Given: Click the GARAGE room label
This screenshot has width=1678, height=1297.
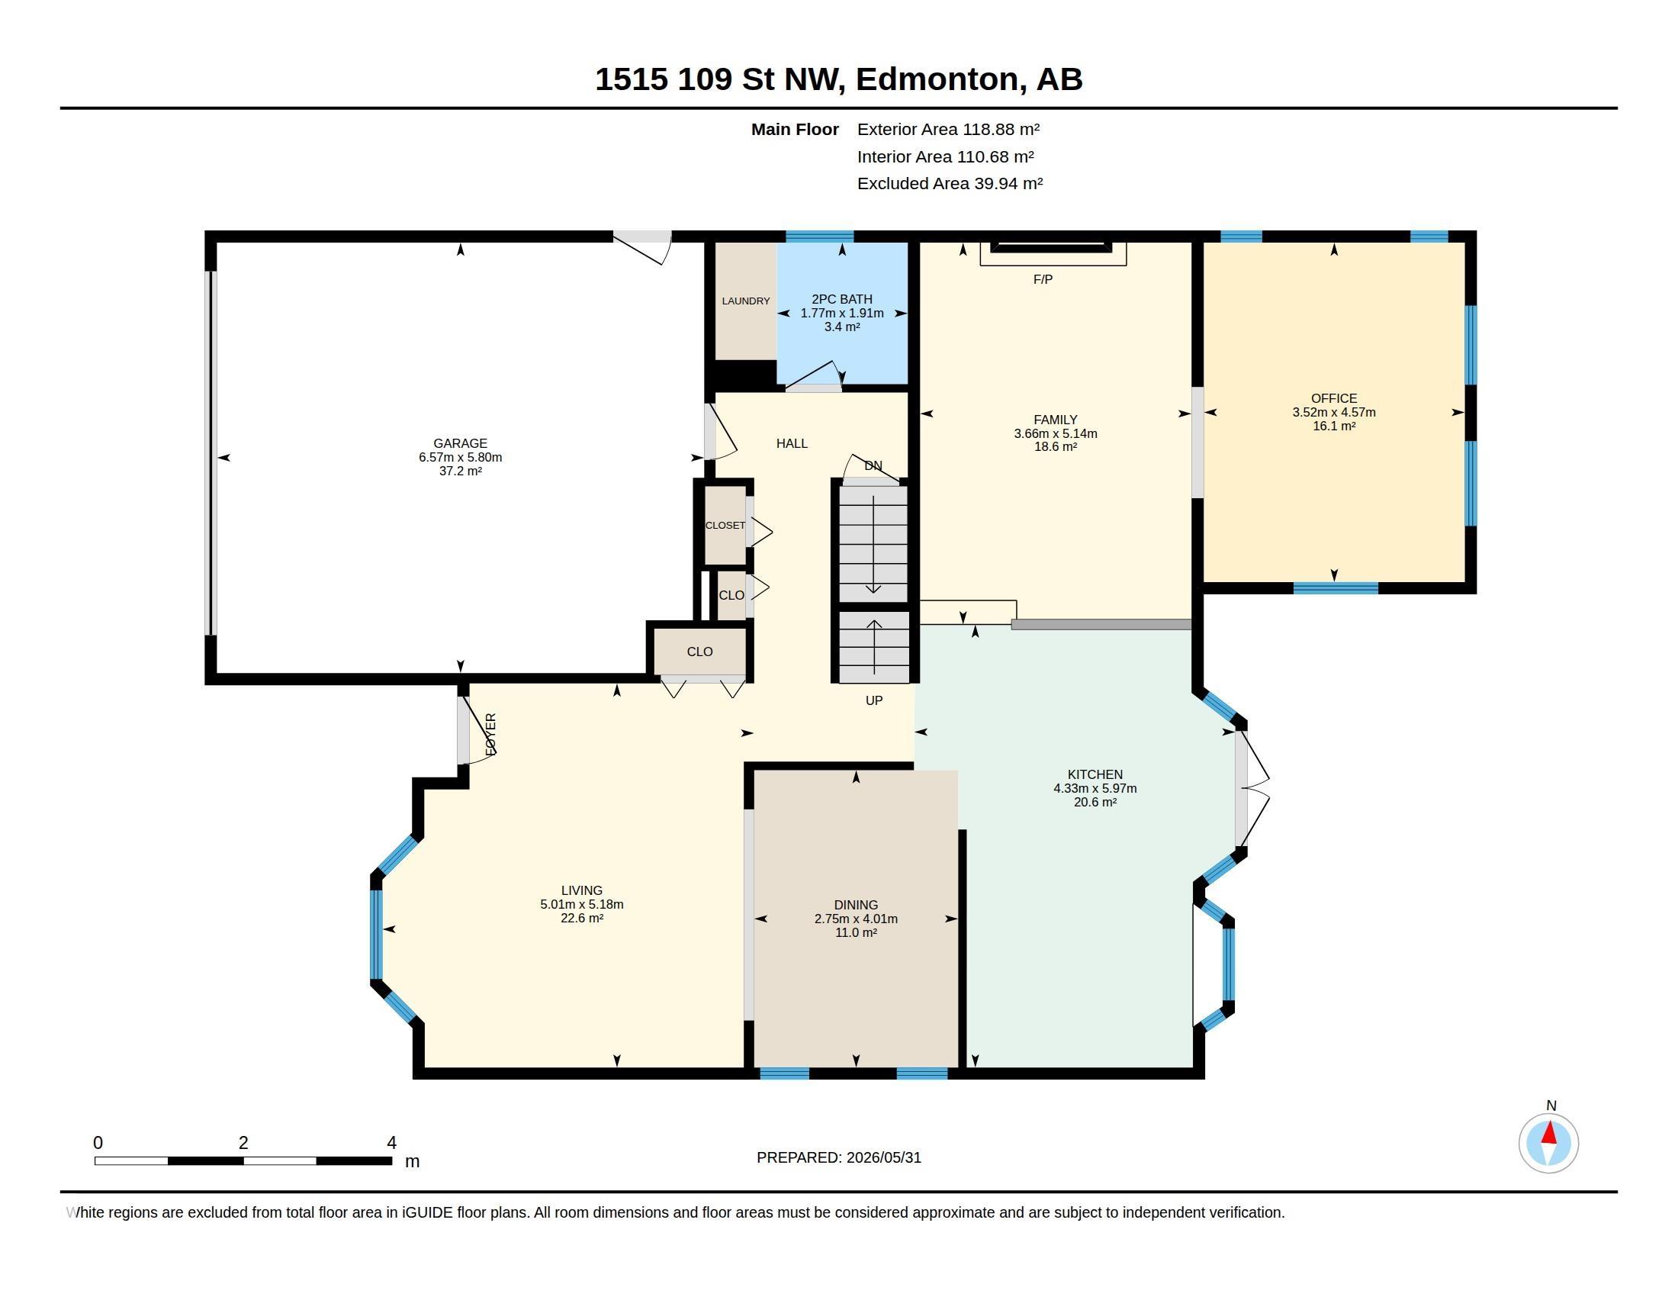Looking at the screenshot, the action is click(x=460, y=443).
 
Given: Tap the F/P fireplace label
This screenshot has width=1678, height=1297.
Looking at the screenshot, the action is click(x=1043, y=280).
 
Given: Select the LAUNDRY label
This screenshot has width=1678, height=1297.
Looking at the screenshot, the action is click(x=745, y=301).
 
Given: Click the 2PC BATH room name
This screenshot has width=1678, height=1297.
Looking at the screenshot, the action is click(x=842, y=299).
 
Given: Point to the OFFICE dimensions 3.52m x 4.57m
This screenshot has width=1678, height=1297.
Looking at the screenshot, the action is click(x=1334, y=413).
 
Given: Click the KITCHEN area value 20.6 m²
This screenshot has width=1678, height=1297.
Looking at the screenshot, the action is click(x=1095, y=802).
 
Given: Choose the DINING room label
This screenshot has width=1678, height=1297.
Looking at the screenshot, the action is click(x=856, y=905).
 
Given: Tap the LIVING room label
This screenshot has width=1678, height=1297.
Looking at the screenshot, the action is click(x=582, y=890).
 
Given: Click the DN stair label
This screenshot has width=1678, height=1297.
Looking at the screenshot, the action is click(x=873, y=465).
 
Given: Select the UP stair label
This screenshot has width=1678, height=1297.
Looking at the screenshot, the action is click(x=874, y=700).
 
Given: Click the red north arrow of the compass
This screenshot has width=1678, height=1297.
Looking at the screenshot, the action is click(x=1549, y=1133).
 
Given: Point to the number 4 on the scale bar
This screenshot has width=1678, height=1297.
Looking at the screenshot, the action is click(x=392, y=1143).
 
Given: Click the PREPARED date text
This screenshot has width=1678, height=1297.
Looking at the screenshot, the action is click(x=839, y=1157).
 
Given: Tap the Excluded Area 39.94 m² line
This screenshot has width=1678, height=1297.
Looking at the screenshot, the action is click(x=950, y=184).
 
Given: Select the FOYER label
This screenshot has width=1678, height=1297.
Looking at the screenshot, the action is click(x=491, y=734).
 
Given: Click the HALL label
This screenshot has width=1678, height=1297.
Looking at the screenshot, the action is click(x=792, y=443).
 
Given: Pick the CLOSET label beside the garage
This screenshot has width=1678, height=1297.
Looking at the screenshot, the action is click(x=725, y=526).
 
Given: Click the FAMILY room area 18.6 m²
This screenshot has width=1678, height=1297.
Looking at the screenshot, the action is click(x=1056, y=446).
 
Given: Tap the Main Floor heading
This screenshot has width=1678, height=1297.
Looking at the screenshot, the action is click(x=796, y=130).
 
